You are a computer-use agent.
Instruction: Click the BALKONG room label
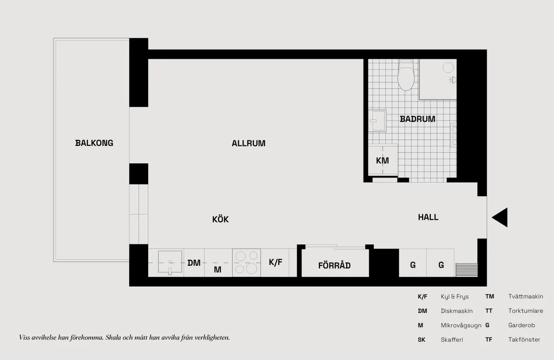coord(94,143)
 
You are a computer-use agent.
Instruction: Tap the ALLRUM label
coord(248,144)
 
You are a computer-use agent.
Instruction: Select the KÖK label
coord(220,219)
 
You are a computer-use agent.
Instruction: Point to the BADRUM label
coord(417,119)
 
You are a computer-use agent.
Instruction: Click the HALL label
coord(428,217)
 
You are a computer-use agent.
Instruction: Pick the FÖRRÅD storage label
coord(334,265)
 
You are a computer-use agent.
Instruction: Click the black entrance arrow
coord(500,217)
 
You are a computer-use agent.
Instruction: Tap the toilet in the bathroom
coord(406,75)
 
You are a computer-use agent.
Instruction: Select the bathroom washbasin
coord(377,120)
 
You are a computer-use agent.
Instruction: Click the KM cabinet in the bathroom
coord(383,160)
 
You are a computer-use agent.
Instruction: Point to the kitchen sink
coord(170,262)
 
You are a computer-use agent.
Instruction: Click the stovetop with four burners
coord(247,263)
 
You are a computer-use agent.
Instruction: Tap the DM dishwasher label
coord(194,263)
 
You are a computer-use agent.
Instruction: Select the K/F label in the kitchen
coord(276,262)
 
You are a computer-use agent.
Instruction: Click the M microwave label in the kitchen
coord(217,270)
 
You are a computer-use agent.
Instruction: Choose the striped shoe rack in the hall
coord(467,270)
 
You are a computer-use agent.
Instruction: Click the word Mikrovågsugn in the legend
coord(461,325)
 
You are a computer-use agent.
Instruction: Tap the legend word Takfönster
coord(524,340)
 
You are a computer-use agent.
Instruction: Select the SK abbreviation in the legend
coord(422,340)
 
